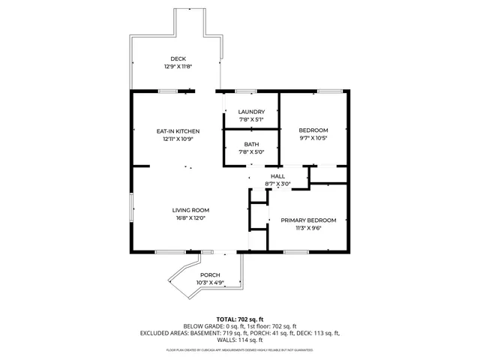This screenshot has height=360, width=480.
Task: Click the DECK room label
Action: point(178,59)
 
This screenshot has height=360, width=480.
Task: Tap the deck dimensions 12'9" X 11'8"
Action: point(178,67)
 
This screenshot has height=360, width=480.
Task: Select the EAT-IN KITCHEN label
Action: point(178,131)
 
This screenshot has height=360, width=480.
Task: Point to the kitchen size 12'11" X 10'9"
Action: point(178,139)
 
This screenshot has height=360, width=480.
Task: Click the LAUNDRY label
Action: point(251,112)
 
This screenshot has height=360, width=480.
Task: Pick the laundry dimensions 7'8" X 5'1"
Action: point(251,120)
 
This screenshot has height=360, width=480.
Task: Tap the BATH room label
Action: point(251,145)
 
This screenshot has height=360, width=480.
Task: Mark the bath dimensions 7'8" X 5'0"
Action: point(251,152)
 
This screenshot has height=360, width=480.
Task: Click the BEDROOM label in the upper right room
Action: point(313,130)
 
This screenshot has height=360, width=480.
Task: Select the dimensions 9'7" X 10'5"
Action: point(313,138)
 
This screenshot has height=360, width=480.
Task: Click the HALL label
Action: point(277,176)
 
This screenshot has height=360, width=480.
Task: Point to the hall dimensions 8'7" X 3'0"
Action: point(277,184)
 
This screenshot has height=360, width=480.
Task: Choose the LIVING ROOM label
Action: point(190,210)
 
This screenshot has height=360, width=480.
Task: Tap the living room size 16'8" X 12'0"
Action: point(190,218)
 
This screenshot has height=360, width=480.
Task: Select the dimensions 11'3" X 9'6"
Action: point(308,229)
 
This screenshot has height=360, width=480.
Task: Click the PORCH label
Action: point(210,275)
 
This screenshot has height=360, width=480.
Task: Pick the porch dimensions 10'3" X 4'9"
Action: point(210,283)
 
